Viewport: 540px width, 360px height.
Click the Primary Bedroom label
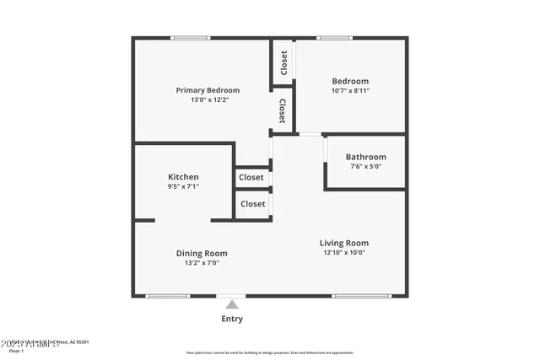pyautogui.click(x=208, y=90)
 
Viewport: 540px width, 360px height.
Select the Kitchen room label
pyautogui.click(x=183, y=177)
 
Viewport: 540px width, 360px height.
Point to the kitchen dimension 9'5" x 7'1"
pyautogui.click(x=183, y=186)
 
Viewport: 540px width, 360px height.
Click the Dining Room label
pyautogui.click(x=202, y=253)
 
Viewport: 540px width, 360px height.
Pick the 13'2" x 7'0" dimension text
pyautogui.click(x=202, y=263)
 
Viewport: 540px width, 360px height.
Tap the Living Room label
pyautogui.click(x=344, y=243)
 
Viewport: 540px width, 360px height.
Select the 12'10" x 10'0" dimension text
pyautogui.click(x=344, y=252)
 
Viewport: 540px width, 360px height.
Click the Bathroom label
pyautogui.click(x=366, y=157)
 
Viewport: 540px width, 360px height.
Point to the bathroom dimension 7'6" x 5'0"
pyautogui.click(x=365, y=167)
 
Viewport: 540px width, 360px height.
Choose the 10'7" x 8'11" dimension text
pyautogui.click(x=350, y=90)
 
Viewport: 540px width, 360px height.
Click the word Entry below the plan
pyautogui.click(x=232, y=319)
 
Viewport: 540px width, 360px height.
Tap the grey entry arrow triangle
pyautogui.click(x=232, y=304)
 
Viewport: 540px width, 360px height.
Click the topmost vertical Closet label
pyautogui.click(x=283, y=63)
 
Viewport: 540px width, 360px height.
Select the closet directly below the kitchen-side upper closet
pyautogui.click(x=252, y=204)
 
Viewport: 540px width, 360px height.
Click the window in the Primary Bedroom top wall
pyautogui.click(x=190, y=37)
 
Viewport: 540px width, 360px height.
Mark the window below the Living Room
pyautogui.click(x=361, y=296)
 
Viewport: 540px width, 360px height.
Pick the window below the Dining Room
pyautogui.click(x=168, y=296)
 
